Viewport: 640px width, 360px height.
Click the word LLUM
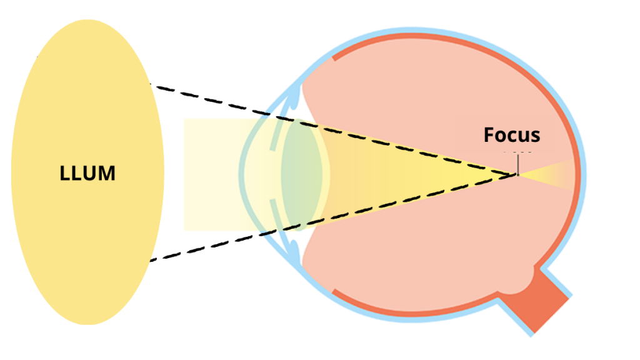click(87, 172)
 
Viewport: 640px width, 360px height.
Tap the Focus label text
click(512, 135)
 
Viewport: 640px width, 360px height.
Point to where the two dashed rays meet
click(517, 174)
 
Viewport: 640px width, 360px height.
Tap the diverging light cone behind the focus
click(550, 174)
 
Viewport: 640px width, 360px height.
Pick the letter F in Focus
click(489, 135)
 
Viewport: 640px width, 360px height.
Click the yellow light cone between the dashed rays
click(425, 174)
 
